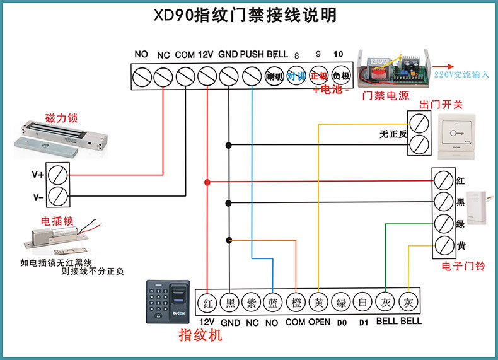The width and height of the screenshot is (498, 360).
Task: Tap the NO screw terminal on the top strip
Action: [141, 77]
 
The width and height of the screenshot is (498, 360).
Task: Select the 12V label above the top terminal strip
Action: [206, 55]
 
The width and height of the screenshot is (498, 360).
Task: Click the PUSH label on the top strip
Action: [252, 55]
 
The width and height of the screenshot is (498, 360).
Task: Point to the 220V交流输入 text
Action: [461, 74]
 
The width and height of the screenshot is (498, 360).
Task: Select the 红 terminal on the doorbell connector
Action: [443, 180]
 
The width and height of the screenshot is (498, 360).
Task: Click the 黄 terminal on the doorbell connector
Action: [443, 245]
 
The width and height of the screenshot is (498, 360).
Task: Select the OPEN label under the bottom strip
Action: [319, 322]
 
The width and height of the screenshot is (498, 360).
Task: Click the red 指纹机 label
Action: [200, 335]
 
